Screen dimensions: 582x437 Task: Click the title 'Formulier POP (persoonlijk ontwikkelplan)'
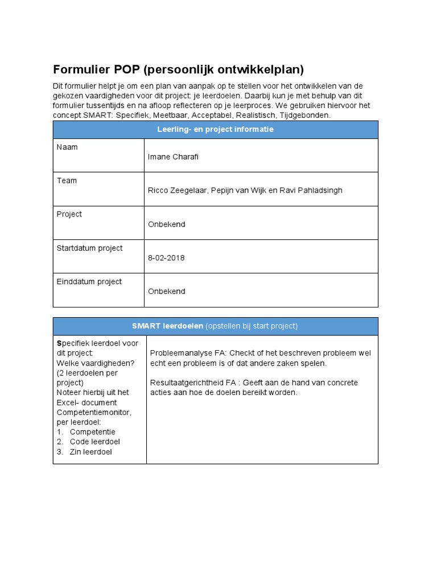tap(178, 69)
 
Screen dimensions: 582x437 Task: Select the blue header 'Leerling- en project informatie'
tap(215, 130)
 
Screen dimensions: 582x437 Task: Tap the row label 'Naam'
tap(67, 147)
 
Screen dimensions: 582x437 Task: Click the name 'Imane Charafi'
tap(172, 157)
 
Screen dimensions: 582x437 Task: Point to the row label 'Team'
tap(67, 181)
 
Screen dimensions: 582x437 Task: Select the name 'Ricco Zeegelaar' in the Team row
tap(176, 190)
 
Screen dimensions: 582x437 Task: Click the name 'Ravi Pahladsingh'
tap(311, 190)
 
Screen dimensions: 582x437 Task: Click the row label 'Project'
tap(69, 214)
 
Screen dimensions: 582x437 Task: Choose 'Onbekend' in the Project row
tap(166, 224)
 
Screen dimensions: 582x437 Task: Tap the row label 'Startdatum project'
tap(89, 248)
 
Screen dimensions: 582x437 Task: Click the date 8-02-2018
tap(166, 257)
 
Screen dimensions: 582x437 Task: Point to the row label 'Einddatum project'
tap(89, 281)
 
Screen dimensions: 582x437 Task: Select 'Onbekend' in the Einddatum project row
tap(166, 291)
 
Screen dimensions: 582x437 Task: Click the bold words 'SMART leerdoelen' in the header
tap(167, 326)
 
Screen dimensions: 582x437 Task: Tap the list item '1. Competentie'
tap(86, 431)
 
